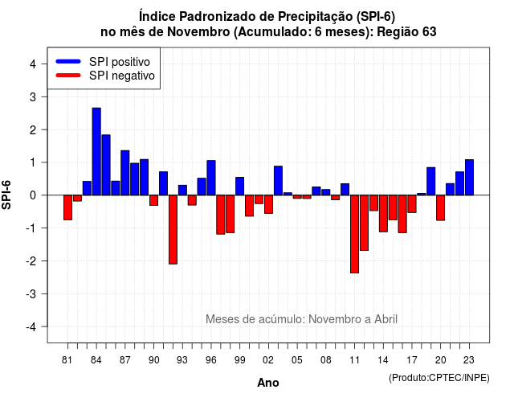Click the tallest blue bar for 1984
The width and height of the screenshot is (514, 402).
click(96, 152)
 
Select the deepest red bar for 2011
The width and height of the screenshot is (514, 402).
click(354, 234)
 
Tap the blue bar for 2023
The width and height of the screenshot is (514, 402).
click(469, 177)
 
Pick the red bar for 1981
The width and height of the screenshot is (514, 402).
click(67, 207)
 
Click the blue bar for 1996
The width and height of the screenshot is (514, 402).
click(211, 178)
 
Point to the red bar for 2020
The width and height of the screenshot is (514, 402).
click(441, 207)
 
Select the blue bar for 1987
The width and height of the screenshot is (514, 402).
click(125, 173)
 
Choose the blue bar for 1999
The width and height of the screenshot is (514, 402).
click(239, 187)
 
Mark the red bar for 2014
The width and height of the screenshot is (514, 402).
click(383, 214)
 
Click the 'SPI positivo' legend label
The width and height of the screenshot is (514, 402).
click(120, 62)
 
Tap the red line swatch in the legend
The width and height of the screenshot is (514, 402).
click(68, 76)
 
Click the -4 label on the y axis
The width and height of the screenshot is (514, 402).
click(31, 327)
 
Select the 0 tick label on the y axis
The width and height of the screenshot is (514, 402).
click(33, 195)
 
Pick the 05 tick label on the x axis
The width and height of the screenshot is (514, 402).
click(297, 360)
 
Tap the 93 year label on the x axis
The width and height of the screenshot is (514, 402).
click(182, 360)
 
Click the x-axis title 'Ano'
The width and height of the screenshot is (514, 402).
click(268, 383)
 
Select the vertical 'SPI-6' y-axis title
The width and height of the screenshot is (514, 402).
click(6, 195)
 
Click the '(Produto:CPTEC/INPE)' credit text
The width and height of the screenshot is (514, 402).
click(439, 378)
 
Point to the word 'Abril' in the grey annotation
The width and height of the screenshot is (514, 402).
click(385, 319)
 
